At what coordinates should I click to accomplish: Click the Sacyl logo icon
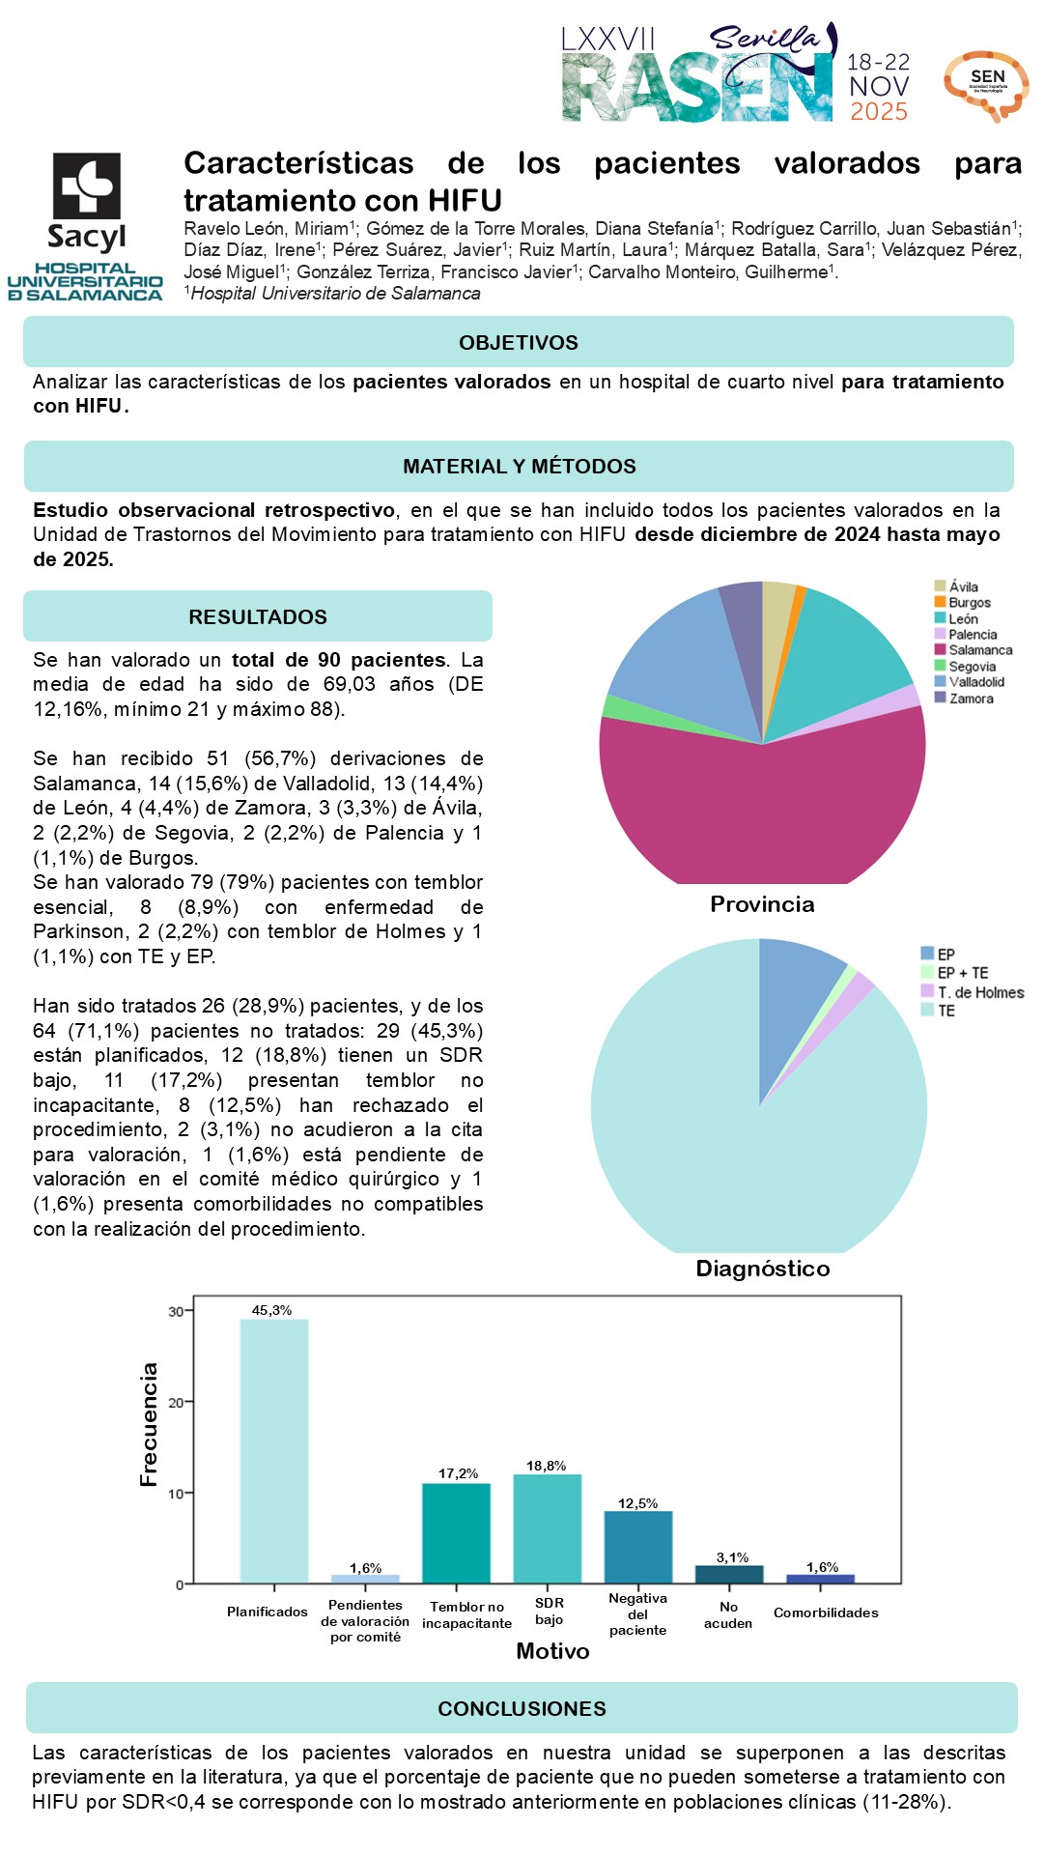point(86,185)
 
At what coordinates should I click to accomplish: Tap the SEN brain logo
point(986,85)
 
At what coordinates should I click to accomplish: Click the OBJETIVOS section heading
point(519,342)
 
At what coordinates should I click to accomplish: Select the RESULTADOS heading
point(258,616)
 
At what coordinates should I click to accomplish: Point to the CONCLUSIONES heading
point(522,1708)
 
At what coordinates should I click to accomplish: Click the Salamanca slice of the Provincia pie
point(762,812)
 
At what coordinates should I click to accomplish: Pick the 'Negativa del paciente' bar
point(638,1547)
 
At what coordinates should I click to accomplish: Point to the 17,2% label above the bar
point(458,1473)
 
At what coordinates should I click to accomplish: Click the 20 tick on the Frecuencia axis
point(177,1402)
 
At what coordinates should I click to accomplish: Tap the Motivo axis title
point(552,1651)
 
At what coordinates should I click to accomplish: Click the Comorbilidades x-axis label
point(826,1612)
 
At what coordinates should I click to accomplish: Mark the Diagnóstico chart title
point(763,1269)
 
